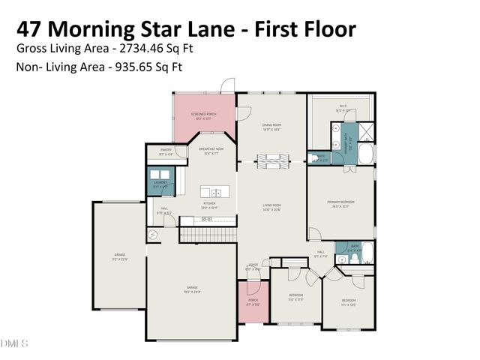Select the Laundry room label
160,184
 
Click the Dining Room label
271,127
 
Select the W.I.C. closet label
343,109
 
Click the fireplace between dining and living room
271,160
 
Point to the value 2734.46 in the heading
143,48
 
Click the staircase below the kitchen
207,235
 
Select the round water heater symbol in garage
154,235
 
